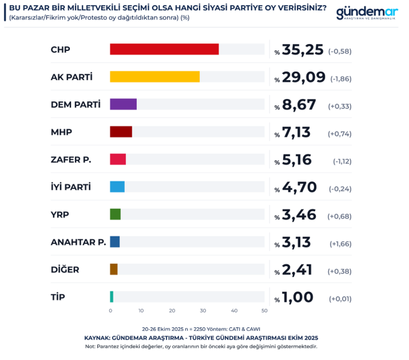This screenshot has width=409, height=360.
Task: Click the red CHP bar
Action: tap(164, 49)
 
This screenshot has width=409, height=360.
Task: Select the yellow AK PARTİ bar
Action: tap(154, 77)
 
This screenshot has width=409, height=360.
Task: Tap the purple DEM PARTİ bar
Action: tap(123, 104)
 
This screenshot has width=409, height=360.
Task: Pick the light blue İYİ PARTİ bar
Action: tap(117, 187)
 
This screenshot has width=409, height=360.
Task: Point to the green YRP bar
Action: tap(115, 214)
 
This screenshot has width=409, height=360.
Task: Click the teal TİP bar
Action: tap(112, 296)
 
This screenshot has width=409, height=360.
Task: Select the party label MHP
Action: tap(61, 132)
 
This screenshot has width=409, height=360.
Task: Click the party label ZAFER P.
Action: tap(71, 160)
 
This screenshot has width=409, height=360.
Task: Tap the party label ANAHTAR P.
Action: tap(78, 242)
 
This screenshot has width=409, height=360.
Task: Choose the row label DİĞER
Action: tap(65, 270)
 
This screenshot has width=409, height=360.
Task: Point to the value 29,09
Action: tap(304, 77)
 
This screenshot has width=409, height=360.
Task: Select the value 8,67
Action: tap(296, 105)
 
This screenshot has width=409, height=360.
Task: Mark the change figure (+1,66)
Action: tap(340, 244)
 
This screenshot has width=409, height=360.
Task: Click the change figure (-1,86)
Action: tap(341, 79)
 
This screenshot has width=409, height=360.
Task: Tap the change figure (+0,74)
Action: tap(339, 134)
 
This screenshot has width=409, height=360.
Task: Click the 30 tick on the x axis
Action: tap(203, 311)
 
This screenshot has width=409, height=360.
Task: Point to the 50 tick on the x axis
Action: tap(264, 311)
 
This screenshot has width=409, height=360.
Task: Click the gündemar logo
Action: tap(367, 14)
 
